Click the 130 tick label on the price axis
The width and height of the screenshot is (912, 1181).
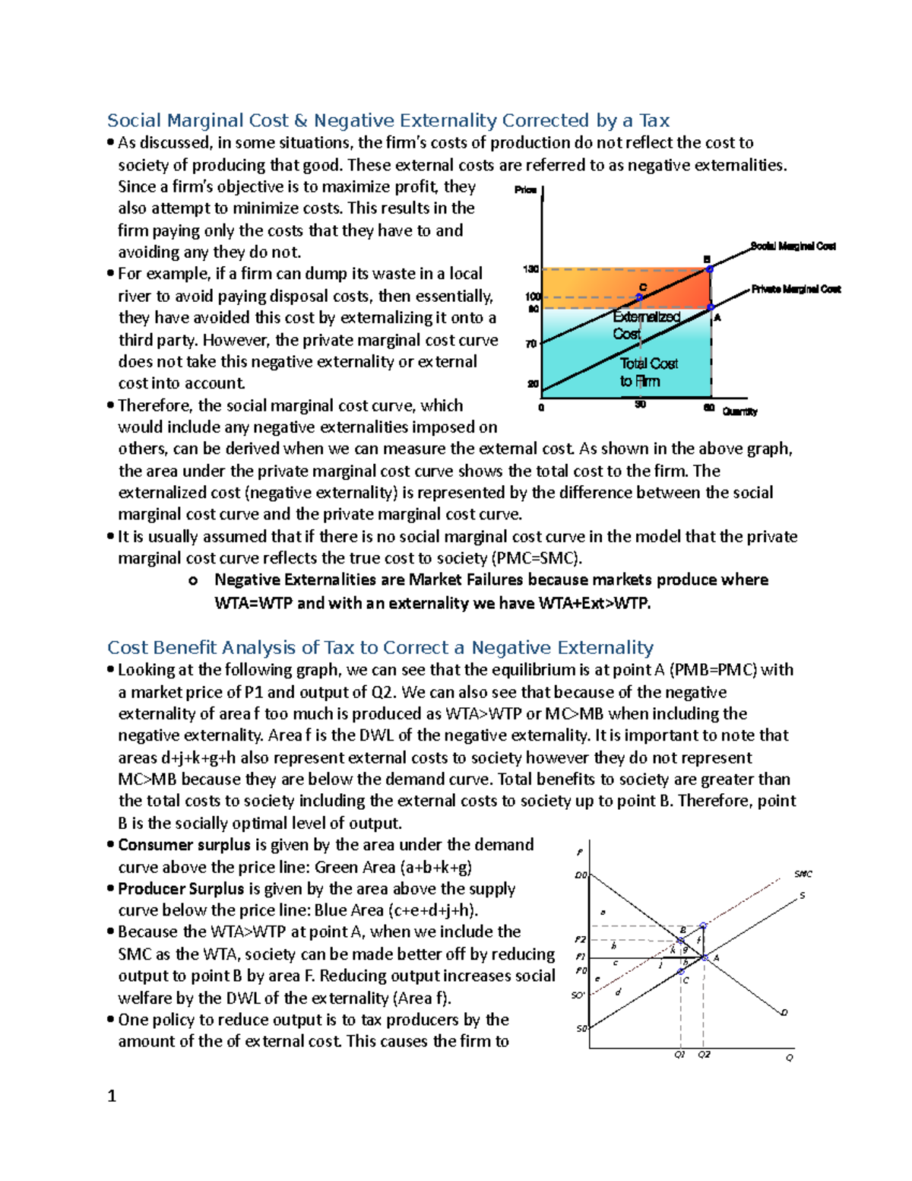(530, 269)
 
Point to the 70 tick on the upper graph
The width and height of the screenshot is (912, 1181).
(531, 344)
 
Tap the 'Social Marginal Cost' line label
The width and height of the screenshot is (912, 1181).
(793, 246)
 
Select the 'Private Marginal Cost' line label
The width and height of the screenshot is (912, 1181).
(796, 289)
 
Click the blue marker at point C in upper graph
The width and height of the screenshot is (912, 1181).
(639, 297)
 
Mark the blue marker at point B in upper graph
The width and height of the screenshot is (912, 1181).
(710, 268)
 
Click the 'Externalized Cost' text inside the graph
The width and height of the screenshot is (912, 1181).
(646, 325)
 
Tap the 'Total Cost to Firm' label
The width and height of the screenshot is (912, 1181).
(648, 372)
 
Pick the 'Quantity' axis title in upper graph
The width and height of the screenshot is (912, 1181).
(739, 411)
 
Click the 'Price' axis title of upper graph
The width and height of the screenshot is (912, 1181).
(525, 189)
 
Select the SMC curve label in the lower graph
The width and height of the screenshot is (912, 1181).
(803, 874)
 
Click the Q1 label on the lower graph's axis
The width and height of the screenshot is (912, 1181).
(679, 1055)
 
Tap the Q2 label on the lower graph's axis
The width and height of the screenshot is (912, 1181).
(704, 1055)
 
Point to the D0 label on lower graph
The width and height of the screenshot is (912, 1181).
(581, 875)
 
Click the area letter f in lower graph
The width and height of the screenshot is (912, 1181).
(698, 940)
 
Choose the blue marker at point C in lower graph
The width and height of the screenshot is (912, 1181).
(681, 971)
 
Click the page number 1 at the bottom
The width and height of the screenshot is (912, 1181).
(112, 1096)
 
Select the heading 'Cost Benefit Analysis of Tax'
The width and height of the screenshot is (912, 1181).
(380, 647)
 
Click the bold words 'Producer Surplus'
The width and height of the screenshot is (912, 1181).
(181, 888)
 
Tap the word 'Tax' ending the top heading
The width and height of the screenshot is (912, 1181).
(654, 120)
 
